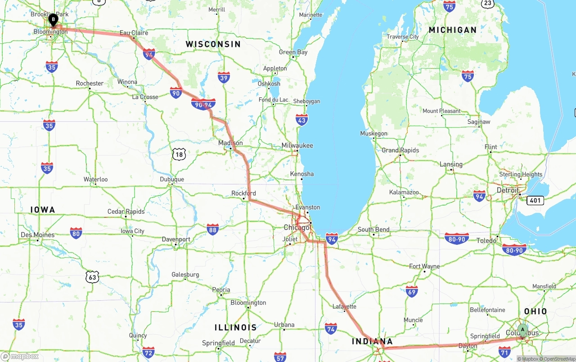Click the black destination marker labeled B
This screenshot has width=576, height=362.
point(53,20)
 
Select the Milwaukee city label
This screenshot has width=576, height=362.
point(297,146)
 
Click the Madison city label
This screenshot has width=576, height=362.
point(230,143)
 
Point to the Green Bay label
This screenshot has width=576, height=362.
point(293,52)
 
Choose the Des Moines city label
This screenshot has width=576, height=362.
point(37,235)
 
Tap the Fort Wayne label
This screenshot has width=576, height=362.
point(424,266)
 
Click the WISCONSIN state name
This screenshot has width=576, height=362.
point(213,44)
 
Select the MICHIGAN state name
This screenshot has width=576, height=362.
point(452,30)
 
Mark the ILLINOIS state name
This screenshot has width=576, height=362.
point(235,328)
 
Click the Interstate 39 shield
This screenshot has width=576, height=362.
point(224,78)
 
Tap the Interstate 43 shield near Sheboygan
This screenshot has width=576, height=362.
point(302,120)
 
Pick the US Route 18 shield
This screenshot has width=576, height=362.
point(179,155)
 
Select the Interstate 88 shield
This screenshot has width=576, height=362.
point(213,229)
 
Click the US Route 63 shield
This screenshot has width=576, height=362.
point(92,277)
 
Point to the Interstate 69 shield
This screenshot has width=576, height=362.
point(411,292)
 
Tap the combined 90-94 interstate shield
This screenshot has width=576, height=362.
point(203,105)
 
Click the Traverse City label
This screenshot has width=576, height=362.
point(403,37)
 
